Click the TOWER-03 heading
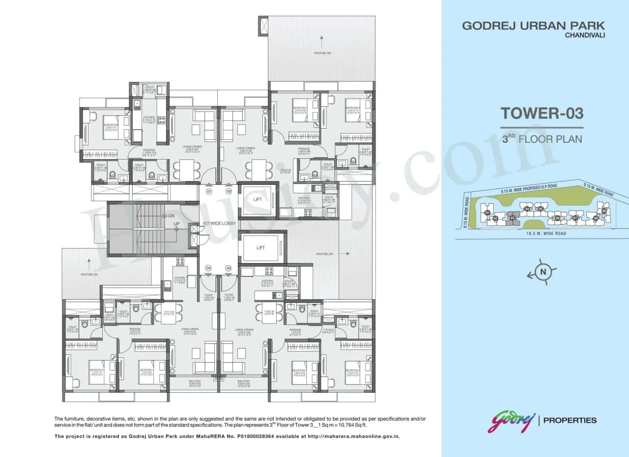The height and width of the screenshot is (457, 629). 542,113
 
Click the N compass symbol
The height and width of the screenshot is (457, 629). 543,272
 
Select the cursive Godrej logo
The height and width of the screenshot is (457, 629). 511,422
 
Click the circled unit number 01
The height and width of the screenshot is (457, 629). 209,191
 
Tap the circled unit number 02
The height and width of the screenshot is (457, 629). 229,191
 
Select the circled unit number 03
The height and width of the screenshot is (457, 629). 229,268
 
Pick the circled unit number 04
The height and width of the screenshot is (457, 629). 209,268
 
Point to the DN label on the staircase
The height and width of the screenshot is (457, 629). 172,216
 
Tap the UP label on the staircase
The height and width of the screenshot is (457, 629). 176,224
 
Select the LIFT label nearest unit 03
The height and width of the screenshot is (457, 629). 260,248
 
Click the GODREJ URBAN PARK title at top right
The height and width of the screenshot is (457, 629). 533,26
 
